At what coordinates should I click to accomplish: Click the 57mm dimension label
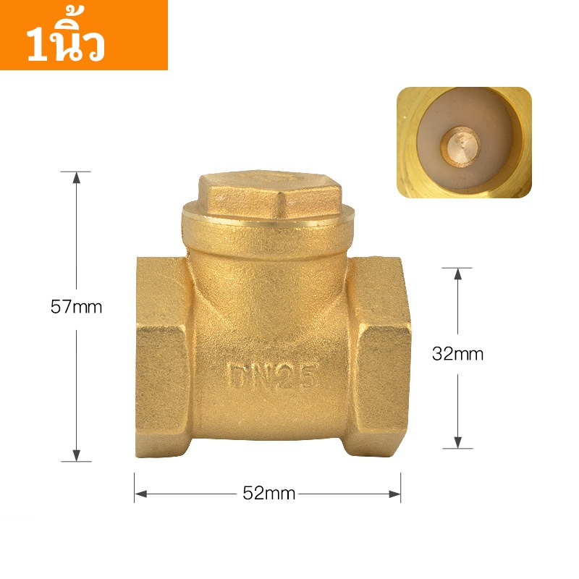click(76, 307)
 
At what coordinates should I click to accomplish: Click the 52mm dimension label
click(269, 494)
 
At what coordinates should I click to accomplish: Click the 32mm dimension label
click(457, 354)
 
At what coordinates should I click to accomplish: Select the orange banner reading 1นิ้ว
click(84, 35)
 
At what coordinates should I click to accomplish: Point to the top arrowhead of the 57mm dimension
click(77, 177)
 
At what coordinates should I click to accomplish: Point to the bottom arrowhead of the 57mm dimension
click(77, 455)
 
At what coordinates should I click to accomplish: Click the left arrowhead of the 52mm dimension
click(140, 494)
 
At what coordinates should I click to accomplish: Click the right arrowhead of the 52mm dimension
click(394, 494)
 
